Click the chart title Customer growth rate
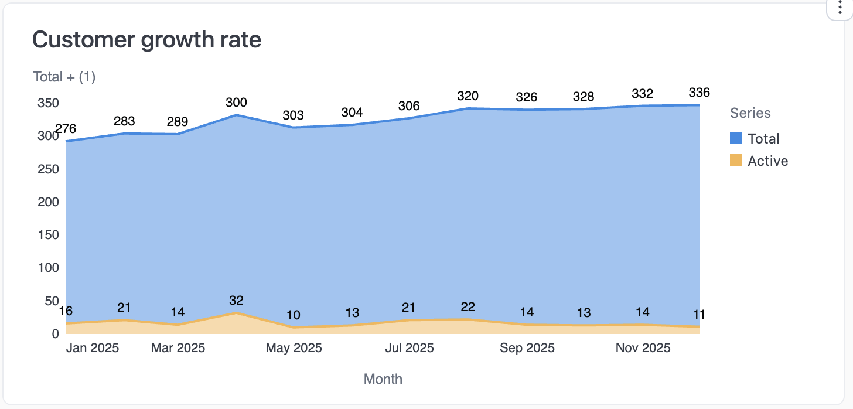[x=146, y=40]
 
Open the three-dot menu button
[x=840, y=11]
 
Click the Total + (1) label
[x=64, y=77]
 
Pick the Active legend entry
[x=759, y=161]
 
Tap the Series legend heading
[x=750, y=113]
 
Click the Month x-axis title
[x=383, y=379]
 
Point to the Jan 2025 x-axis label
[x=93, y=348]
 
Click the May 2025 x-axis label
[x=294, y=348]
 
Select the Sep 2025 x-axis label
[x=527, y=348]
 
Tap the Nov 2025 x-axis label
[x=643, y=348]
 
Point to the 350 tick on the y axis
[x=48, y=103]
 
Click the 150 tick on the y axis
[x=48, y=235]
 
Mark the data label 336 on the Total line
[x=699, y=93]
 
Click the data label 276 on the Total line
[x=66, y=129]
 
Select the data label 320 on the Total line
[x=468, y=96]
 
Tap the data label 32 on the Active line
[x=236, y=301]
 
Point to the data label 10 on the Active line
[x=294, y=315]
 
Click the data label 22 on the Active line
[x=468, y=307]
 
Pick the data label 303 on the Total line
[x=294, y=115]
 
